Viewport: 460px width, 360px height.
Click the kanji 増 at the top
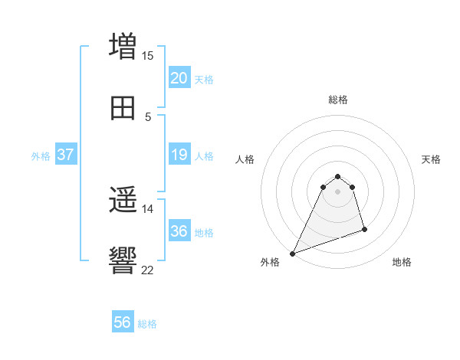click(x=123, y=46)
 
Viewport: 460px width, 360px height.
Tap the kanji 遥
click(x=123, y=201)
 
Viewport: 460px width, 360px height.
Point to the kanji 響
click(x=123, y=260)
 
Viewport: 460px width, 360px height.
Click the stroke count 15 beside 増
click(x=147, y=56)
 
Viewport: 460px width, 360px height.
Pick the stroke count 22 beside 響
click(x=147, y=270)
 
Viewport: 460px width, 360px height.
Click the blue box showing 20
click(x=179, y=78)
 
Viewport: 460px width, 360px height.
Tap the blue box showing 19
click(x=179, y=155)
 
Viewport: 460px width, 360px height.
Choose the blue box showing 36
click(x=179, y=231)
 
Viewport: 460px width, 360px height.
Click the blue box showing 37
click(x=65, y=155)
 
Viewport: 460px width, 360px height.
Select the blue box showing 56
click(x=123, y=323)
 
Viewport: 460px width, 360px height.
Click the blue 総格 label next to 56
click(x=147, y=324)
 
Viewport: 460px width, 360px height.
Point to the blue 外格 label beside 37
click(x=41, y=155)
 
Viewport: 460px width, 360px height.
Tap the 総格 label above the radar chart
click(x=338, y=100)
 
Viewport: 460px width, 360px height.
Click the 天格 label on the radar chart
click(x=432, y=159)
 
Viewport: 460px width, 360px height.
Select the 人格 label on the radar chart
click(x=245, y=159)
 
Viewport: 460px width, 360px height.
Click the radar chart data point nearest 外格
click(x=293, y=253)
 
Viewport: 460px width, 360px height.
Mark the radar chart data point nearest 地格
click(x=364, y=229)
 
